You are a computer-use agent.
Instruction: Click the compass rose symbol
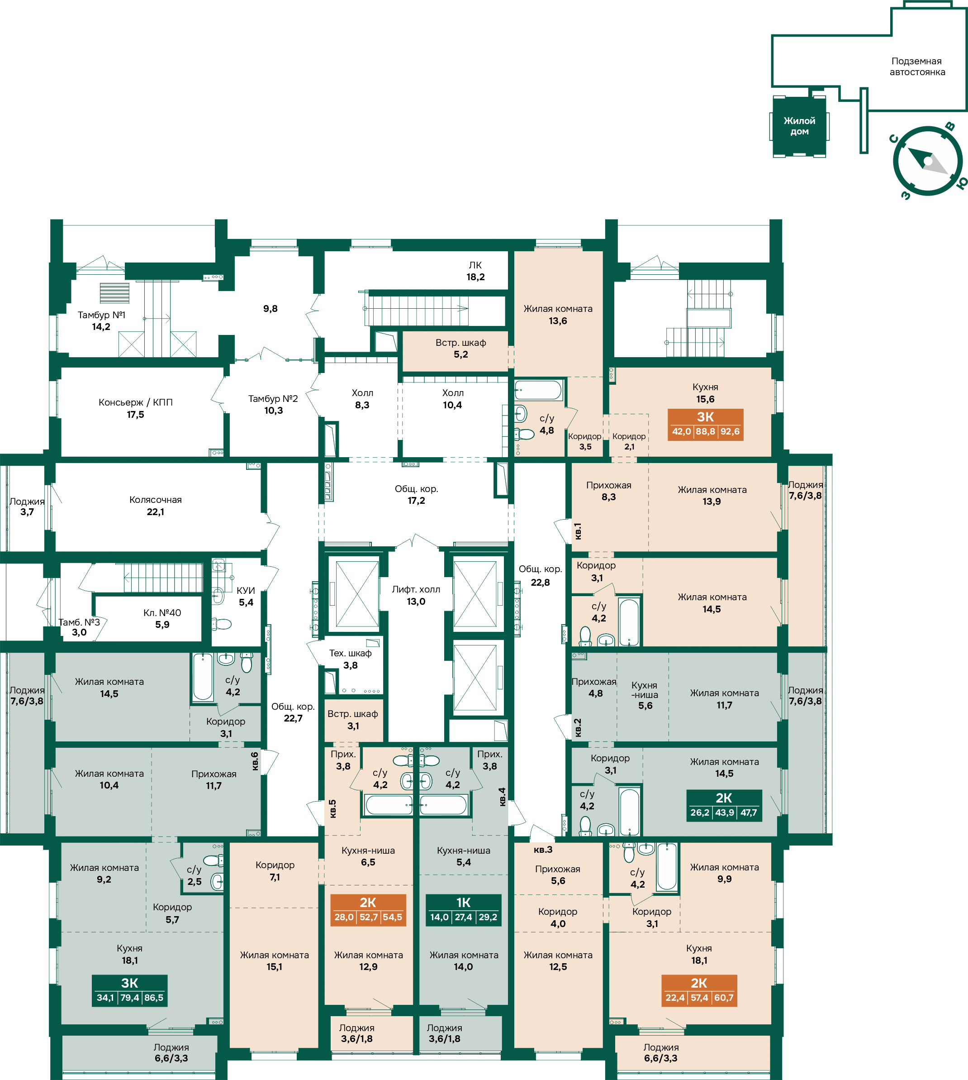928,161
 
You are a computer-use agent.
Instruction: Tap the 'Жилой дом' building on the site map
799,126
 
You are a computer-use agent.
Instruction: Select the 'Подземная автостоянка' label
917,67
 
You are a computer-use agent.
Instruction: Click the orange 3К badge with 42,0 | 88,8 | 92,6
705,424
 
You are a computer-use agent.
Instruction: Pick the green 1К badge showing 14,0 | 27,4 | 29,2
463,910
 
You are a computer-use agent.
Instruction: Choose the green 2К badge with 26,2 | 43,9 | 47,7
724,805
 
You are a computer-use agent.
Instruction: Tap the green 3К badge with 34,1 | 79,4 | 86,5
130,990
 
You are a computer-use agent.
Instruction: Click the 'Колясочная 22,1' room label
155,506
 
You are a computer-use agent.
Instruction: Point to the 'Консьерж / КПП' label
136,402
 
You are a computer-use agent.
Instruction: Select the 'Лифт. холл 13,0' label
416,595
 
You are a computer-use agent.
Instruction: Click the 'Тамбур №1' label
102,315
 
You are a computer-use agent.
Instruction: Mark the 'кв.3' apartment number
543,850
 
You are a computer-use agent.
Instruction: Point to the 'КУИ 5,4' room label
246,596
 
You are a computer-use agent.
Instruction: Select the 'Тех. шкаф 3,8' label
351,659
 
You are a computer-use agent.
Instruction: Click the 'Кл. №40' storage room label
162,613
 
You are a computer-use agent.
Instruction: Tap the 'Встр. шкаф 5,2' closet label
460,349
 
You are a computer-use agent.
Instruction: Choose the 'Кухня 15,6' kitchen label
705,393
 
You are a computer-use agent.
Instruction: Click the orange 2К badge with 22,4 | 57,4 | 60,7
699,990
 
